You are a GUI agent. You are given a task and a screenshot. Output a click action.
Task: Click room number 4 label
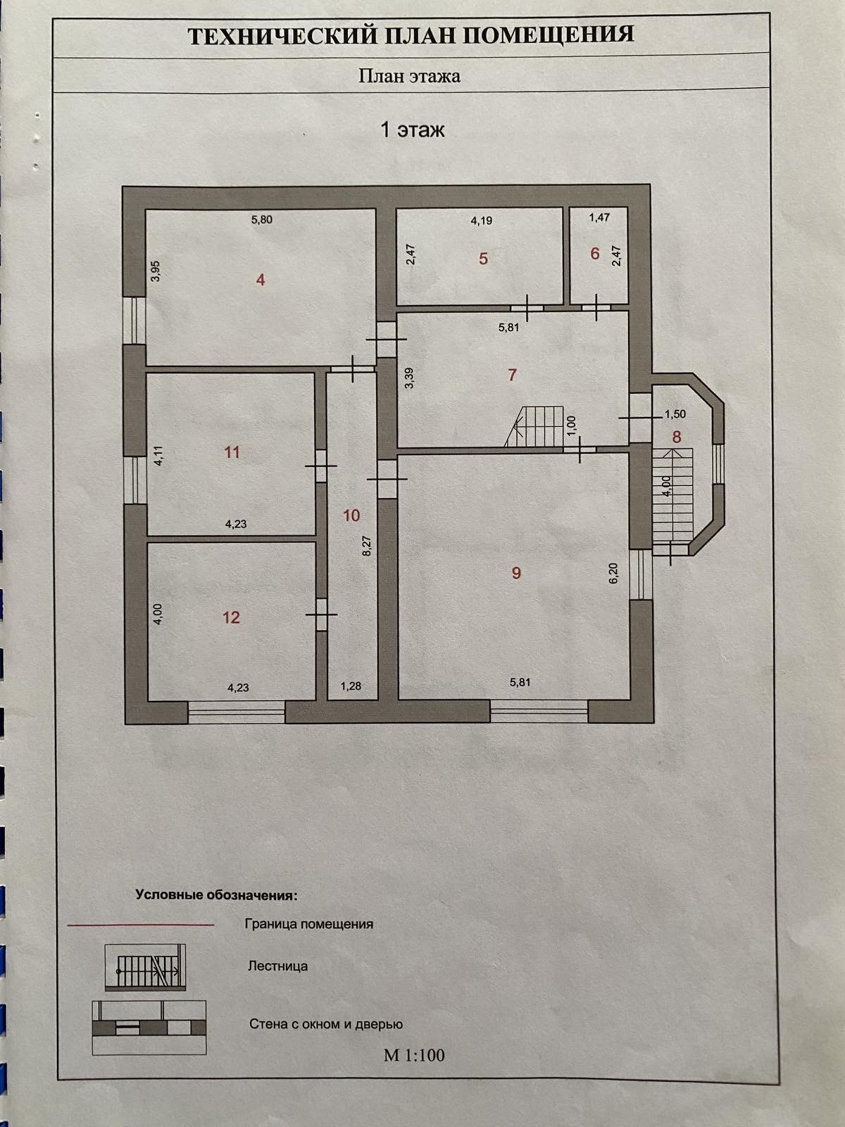tap(261, 280)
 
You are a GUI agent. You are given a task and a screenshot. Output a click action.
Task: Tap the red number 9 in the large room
tap(516, 573)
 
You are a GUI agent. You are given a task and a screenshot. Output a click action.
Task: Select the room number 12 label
tap(231, 618)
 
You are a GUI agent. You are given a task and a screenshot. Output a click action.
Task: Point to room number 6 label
tap(595, 254)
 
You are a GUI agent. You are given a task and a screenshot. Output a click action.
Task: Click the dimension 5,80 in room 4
tap(261, 220)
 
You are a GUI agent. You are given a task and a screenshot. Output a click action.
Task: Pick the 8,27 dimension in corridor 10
tap(366, 545)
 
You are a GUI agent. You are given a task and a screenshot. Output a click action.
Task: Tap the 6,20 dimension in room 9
tap(613, 572)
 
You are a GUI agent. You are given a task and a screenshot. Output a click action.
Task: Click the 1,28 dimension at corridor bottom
tap(351, 686)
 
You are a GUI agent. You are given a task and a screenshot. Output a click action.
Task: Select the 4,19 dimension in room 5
tap(482, 220)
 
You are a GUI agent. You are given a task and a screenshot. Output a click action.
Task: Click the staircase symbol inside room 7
tap(537, 425)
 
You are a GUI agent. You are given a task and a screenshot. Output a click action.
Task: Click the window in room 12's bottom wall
tap(237, 711)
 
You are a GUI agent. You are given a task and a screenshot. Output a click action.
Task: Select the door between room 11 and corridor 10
tap(320, 466)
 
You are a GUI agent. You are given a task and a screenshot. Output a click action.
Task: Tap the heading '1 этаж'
tap(413, 130)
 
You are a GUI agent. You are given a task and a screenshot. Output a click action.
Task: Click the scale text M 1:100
tap(414, 1054)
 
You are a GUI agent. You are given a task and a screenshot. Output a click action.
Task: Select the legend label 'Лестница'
tap(277, 966)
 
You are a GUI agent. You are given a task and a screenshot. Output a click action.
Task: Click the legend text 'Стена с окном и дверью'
tap(325, 1024)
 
